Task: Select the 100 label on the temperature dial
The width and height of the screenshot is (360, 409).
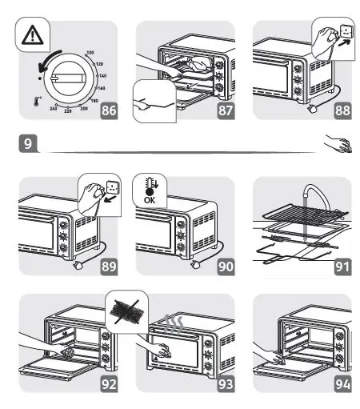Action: coord(90,53)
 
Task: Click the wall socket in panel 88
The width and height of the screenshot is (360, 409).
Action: coord(346,34)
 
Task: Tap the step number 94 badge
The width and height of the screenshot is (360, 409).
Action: coord(342,383)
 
